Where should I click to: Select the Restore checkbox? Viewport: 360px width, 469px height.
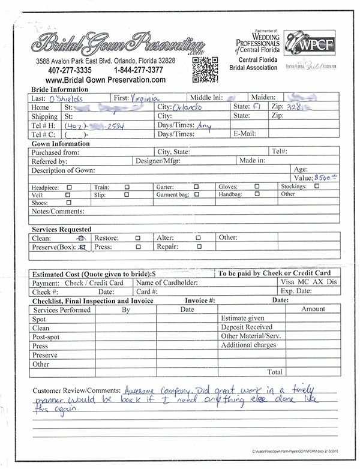pyautogui.click(x=139, y=237)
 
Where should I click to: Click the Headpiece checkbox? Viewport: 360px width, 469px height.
pyautogui.click(x=71, y=187)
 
